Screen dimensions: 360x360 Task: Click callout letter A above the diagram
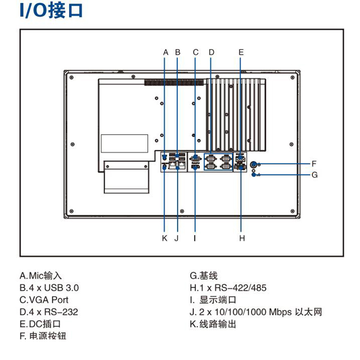(166, 52)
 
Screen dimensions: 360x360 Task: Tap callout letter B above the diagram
(177, 52)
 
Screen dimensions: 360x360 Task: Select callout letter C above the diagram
(196, 52)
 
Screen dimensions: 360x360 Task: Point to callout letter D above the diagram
(211, 52)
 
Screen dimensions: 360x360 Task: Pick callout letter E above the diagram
(241, 52)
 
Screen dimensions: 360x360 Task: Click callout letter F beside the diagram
(314, 163)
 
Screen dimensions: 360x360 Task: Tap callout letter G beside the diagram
(314, 174)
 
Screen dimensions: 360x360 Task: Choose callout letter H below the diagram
(242, 238)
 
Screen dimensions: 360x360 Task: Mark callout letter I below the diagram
(195, 238)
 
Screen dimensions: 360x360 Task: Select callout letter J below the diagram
(177, 238)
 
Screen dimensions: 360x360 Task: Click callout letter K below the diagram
(165, 238)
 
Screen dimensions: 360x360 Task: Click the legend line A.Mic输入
(41, 276)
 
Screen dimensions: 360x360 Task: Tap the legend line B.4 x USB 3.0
(49, 288)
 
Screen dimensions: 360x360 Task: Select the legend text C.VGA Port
(44, 300)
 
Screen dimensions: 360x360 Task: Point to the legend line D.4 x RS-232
(48, 312)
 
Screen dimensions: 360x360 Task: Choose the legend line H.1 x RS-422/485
(228, 288)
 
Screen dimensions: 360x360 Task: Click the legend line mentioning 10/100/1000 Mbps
(256, 312)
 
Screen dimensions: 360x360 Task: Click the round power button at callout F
(254, 164)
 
